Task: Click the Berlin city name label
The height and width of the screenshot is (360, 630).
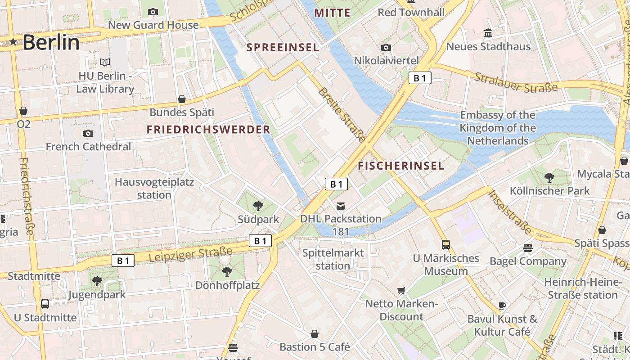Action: [51, 42]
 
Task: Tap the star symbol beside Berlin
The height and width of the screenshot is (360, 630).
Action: [13, 42]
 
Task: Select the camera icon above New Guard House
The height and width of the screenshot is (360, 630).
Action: [153, 12]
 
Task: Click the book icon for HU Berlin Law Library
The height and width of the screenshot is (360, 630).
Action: [105, 62]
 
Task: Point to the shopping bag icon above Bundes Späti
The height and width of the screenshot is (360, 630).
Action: [182, 99]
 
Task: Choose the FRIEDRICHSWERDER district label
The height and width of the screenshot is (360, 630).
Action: [208, 130]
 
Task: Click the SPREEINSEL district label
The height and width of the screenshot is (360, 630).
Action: [283, 47]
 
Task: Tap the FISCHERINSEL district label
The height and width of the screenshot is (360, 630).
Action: [401, 166]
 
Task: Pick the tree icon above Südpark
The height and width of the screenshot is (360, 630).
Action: [258, 206]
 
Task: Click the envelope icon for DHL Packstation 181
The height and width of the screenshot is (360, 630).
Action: [341, 206]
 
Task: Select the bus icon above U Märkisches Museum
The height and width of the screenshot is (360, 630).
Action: [446, 245]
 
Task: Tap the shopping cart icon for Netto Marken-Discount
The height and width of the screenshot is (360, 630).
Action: [401, 291]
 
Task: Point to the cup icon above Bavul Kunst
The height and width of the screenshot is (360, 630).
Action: [502, 306]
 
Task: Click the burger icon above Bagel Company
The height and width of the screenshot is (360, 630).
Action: [527, 248]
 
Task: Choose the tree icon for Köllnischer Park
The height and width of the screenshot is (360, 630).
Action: [549, 177]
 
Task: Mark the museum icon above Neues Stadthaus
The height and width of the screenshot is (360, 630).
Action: [488, 33]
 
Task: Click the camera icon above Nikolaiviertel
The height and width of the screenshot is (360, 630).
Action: [386, 47]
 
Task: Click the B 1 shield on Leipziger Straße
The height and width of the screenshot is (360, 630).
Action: [123, 261]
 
